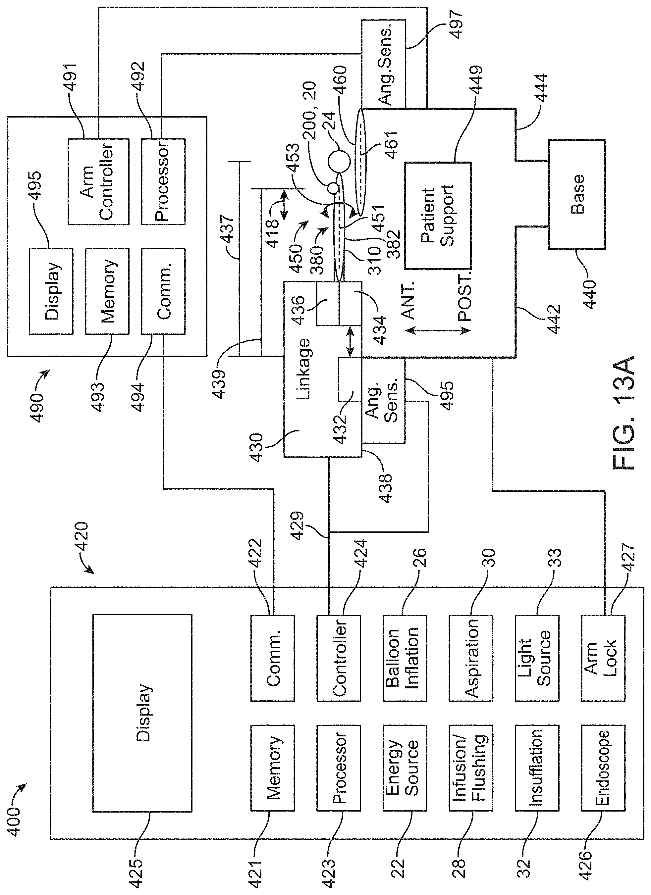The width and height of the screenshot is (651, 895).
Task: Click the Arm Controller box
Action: [98, 181]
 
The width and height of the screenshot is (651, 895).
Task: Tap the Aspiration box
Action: [471, 658]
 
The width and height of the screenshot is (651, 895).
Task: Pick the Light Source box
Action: [537, 658]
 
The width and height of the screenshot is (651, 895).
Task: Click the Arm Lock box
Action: [603, 658]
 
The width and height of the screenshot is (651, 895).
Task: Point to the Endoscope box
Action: [603, 768]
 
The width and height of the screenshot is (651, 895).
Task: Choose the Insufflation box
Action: [537, 768]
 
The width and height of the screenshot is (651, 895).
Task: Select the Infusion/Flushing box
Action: [471, 768]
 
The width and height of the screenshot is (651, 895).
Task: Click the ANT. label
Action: [409, 300]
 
